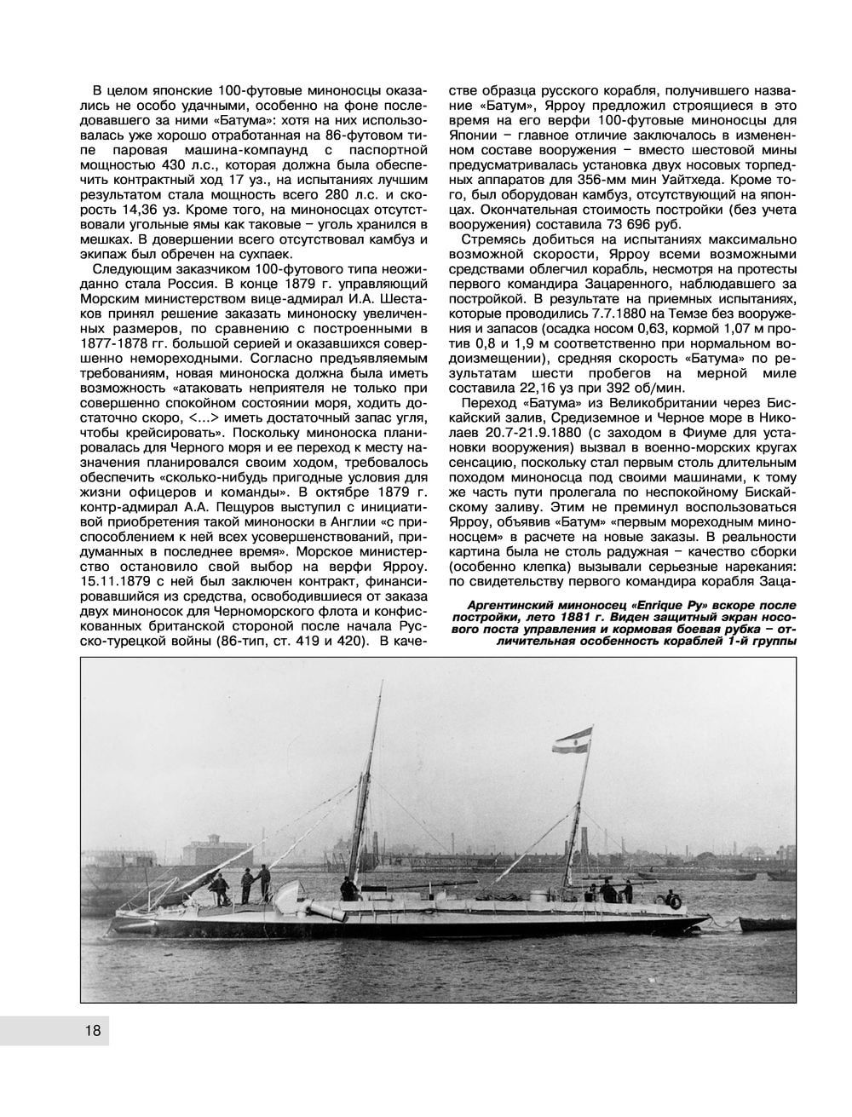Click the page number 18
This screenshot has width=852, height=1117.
93,1032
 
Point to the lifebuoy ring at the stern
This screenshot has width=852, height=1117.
675,899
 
